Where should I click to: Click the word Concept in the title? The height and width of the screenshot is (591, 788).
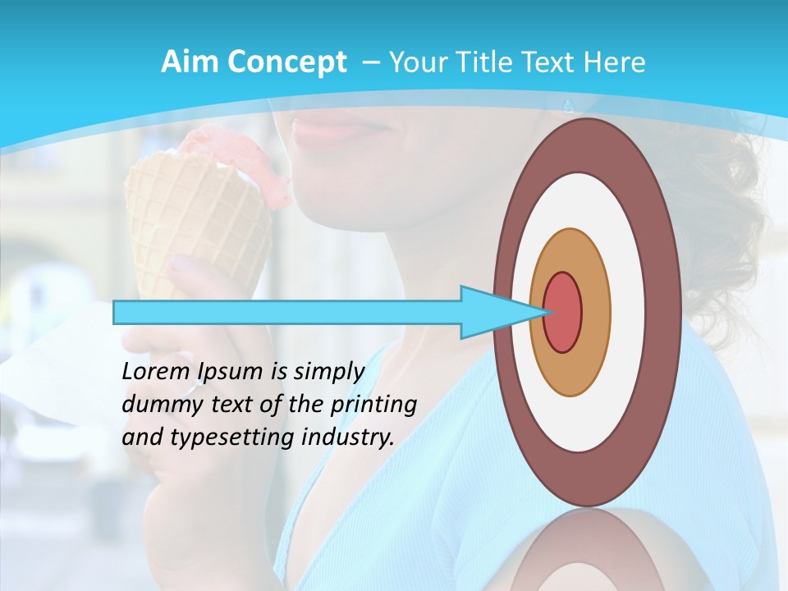(x=286, y=62)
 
